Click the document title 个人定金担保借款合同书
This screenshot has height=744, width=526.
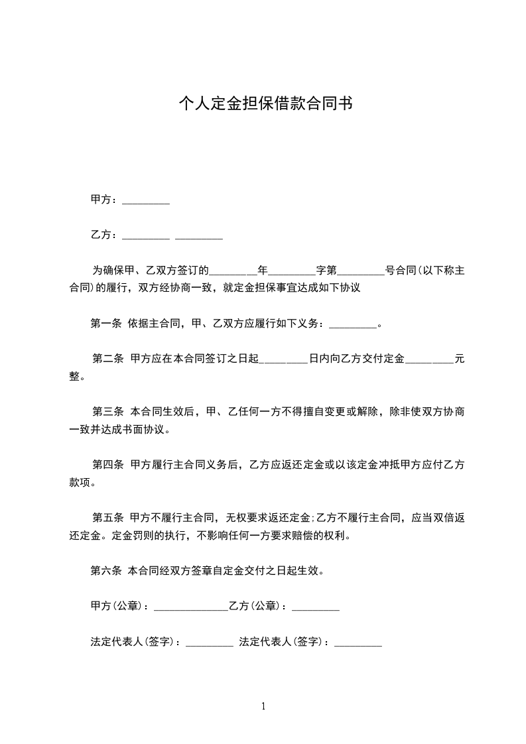(x=265, y=103)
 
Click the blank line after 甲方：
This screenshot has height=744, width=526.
(x=146, y=201)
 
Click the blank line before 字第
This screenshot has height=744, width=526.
(x=293, y=271)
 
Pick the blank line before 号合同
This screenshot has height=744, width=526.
(x=361, y=271)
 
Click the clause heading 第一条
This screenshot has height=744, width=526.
(x=106, y=324)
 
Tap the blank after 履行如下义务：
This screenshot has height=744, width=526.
(x=352, y=325)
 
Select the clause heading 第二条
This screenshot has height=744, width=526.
(x=108, y=359)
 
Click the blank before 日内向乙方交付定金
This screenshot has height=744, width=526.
(x=283, y=360)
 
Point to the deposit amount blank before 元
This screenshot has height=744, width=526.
(x=429, y=360)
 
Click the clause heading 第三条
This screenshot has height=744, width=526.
(x=108, y=412)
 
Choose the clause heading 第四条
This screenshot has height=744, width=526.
(x=108, y=465)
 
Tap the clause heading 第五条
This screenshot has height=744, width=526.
(x=108, y=518)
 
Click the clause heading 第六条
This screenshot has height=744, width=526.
(x=106, y=570)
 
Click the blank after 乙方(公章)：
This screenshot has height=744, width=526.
(x=316, y=607)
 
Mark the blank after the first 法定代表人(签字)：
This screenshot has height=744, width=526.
(x=209, y=643)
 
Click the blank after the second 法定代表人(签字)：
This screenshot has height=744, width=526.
(x=358, y=643)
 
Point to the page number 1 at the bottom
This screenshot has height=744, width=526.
(x=263, y=706)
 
